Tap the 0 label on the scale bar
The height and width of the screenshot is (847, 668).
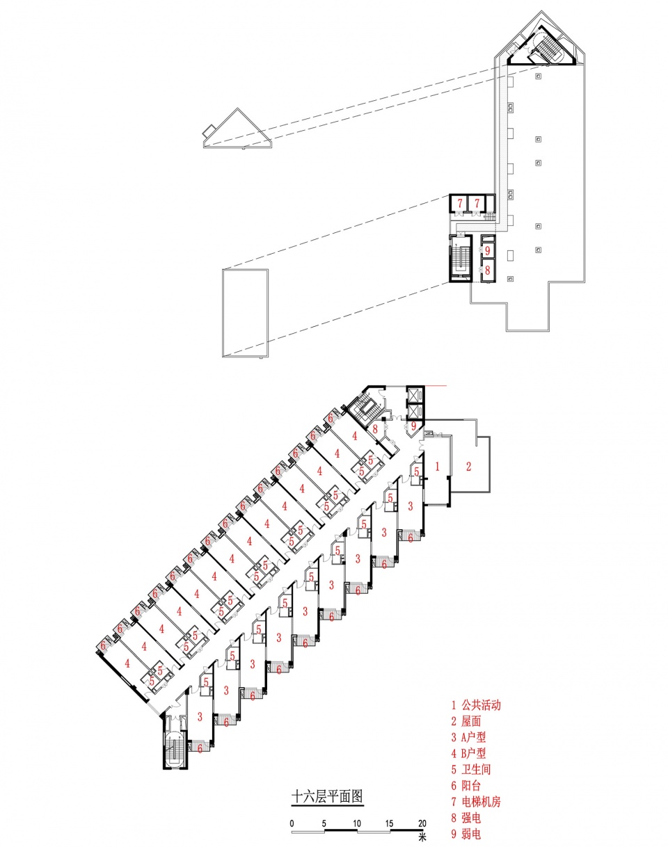tap(292, 823)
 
